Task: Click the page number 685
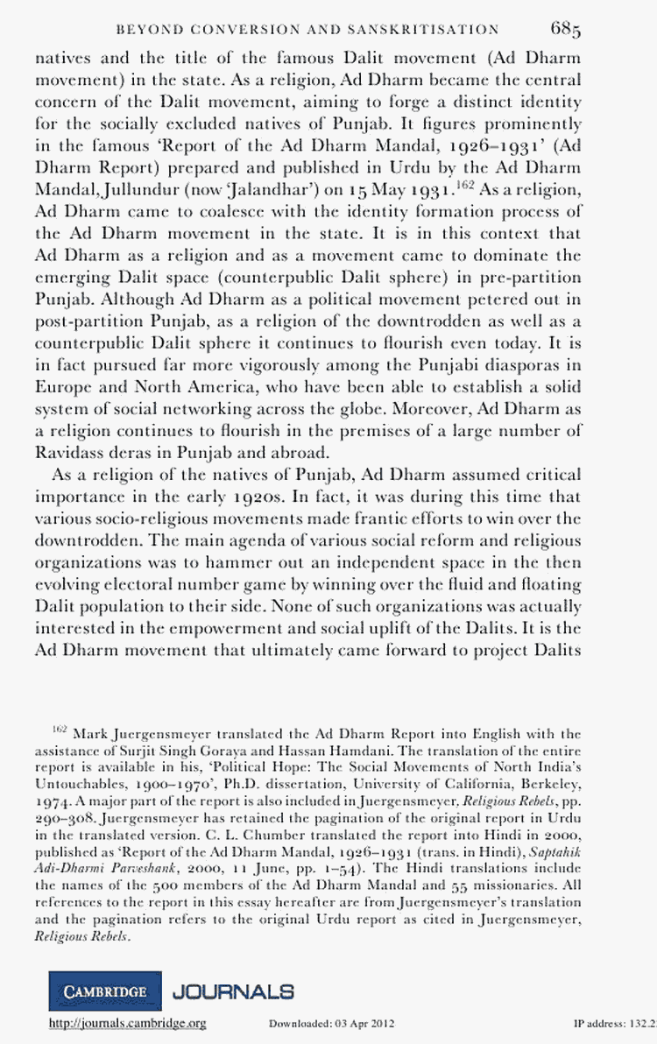[566, 30]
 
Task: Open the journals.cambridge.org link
[127, 1023]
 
